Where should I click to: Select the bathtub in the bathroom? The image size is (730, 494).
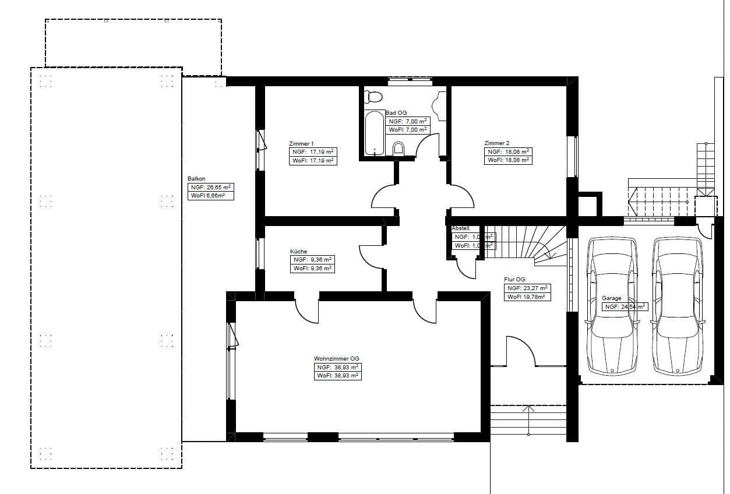coord(374,133)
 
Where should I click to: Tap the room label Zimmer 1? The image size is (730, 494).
coord(301,143)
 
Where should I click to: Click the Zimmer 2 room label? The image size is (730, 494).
coord(496,143)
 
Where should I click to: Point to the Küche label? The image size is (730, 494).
coord(298,252)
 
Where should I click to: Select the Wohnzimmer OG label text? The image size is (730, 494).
coord(336,359)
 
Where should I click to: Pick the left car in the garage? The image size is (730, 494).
coord(612,306)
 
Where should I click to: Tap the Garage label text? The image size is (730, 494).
coord(612,298)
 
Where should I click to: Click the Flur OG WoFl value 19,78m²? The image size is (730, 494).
coord(526,297)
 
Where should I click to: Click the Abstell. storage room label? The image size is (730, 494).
coord(461,229)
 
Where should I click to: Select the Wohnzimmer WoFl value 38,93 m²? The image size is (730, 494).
coord(337,376)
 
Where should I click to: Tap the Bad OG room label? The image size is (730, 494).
coord(396,113)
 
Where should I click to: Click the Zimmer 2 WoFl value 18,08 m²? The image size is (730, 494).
coord(508,160)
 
